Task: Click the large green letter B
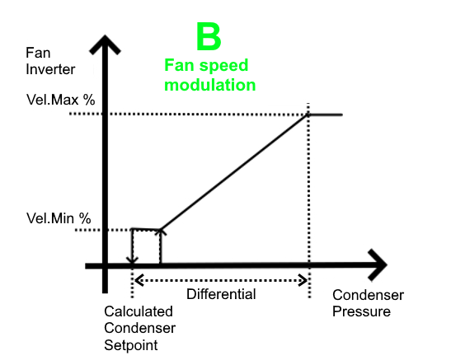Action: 209,36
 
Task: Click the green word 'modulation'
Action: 210,85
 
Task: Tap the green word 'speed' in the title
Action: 223,66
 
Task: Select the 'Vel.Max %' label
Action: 61,100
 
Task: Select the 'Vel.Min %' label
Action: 59,218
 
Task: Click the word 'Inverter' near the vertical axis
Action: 50,69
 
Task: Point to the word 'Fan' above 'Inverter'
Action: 38,53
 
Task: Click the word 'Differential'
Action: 221,294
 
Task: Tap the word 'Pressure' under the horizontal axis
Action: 362,311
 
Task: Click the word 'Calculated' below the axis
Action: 139,311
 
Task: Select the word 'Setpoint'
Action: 131,345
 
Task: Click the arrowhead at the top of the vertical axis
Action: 105,43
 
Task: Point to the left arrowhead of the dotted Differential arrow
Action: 139,280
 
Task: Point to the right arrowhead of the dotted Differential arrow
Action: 303,280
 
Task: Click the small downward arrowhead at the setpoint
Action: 132,260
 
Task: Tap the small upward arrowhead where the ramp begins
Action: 161,231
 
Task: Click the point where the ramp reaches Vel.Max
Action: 308,115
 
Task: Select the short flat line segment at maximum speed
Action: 326,115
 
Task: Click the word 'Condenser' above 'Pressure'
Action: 369,295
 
